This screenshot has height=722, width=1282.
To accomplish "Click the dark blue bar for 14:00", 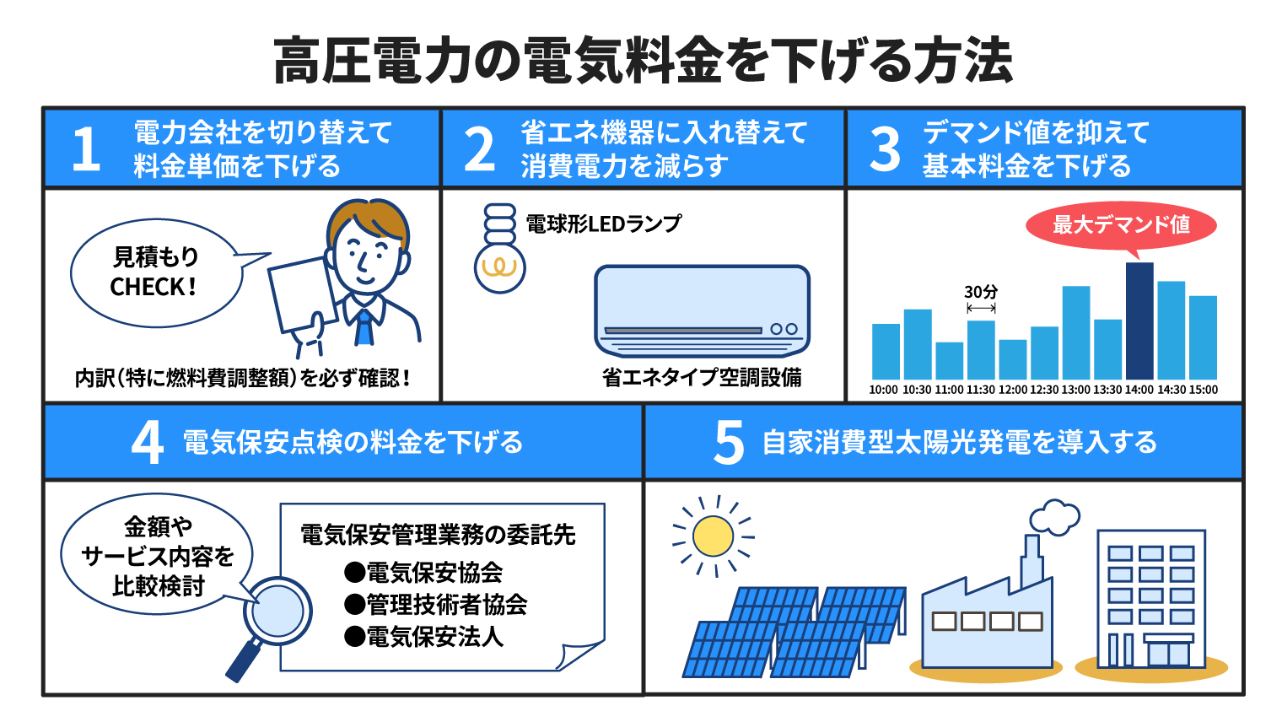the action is click(1139, 321).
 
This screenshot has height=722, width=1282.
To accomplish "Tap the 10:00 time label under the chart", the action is click(883, 390).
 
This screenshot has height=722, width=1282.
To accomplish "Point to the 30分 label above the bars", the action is click(981, 292).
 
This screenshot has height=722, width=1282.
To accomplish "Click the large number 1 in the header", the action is click(86, 148).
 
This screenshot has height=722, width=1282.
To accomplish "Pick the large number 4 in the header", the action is click(148, 443).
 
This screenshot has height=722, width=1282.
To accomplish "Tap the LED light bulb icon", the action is click(499, 249).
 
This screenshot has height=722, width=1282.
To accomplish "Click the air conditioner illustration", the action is click(703, 311).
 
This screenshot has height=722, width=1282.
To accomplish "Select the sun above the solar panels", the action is click(713, 536).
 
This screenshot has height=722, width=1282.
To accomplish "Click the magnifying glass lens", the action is click(277, 611).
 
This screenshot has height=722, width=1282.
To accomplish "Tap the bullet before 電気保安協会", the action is click(354, 572).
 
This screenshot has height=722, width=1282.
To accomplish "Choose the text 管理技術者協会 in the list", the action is click(446, 605).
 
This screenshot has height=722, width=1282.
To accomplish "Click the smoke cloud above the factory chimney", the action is click(1054, 517).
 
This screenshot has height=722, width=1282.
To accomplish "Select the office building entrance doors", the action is click(1169, 654).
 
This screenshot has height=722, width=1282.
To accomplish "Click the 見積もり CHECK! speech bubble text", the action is click(154, 272).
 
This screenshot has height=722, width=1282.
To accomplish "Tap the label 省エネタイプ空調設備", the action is click(703, 377).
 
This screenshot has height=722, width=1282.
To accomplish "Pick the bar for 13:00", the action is click(1076, 332).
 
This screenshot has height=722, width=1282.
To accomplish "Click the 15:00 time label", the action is click(1203, 390).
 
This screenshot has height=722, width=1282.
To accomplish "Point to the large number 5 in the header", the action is click(729, 443).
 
